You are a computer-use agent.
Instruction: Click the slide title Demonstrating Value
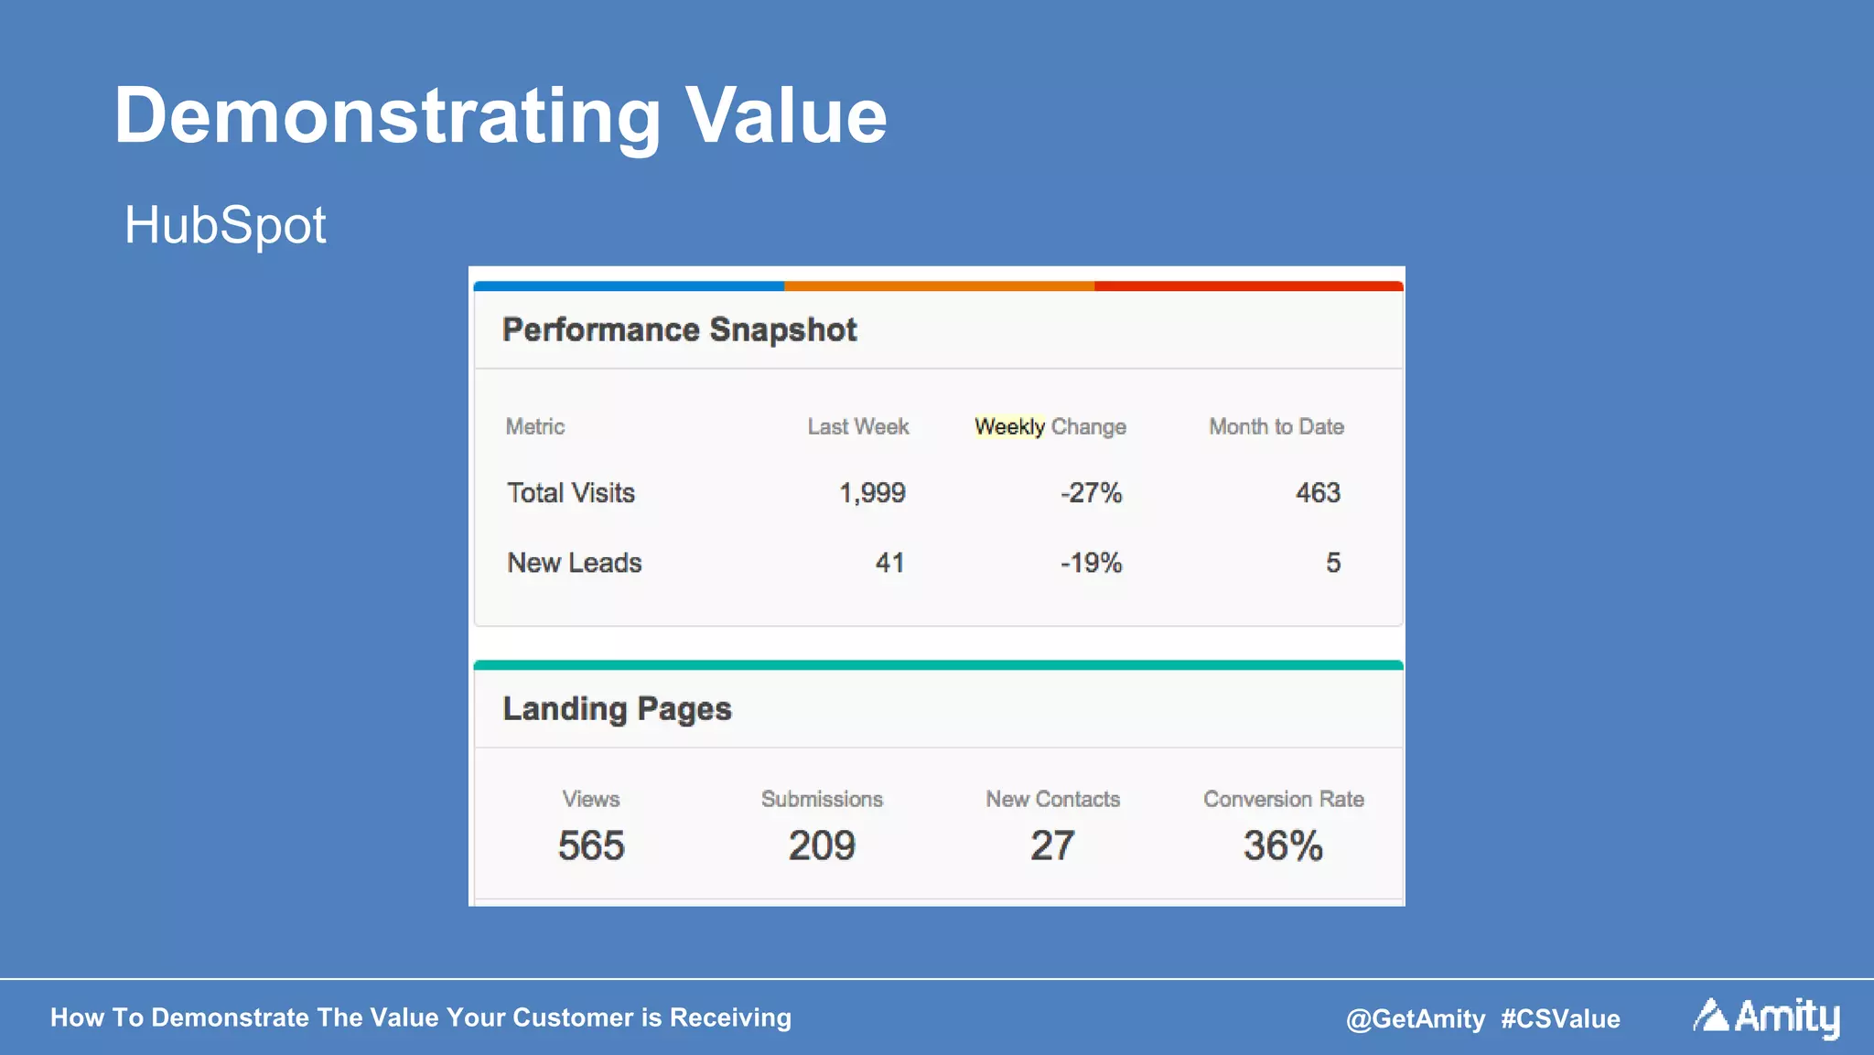click(x=500, y=116)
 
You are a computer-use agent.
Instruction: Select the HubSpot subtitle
click(x=225, y=225)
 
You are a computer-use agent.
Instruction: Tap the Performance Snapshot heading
click(x=679, y=329)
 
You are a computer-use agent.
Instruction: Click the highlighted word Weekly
click(x=1009, y=426)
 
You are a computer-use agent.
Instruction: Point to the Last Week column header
click(x=857, y=426)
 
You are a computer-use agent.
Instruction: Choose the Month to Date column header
click(x=1276, y=426)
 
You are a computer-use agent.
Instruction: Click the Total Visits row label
click(x=571, y=493)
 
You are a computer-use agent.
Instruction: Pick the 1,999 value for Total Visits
click(x=872, y=493)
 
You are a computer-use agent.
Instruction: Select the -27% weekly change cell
click(x=1091, y=493)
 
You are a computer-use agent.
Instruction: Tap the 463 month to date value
click(x=1318, y=493)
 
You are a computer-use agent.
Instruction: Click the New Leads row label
click(x=575, y=563)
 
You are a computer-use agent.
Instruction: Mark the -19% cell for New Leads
click(x=1091, y=563)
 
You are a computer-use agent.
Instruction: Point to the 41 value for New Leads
click(x=889, y=563)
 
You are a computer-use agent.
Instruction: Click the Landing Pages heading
click(x=617, y=709)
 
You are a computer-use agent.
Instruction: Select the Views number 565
click(x=591, y=845)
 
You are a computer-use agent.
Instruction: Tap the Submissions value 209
click(x=822, y=845)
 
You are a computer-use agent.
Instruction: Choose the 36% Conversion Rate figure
click(x=1283, y=845)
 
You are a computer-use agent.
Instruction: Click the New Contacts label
click(x=1052, y=799)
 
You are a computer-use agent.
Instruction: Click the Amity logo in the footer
click(x=1766, y=1017)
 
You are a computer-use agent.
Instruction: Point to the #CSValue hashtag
click(x=1560, y=1018)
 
